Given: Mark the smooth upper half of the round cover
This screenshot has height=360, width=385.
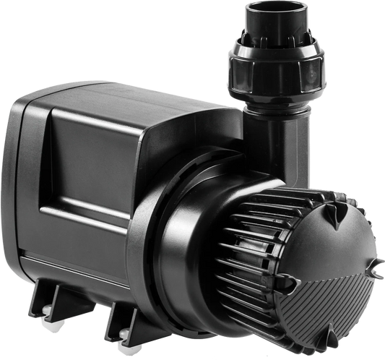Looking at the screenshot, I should pyautogui.click(x=339, y=231).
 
